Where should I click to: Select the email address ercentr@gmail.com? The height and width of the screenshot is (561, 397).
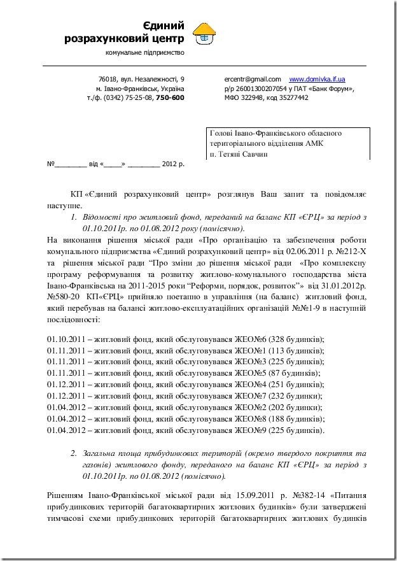click(248, 78)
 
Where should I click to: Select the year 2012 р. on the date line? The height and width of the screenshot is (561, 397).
click(172, 164)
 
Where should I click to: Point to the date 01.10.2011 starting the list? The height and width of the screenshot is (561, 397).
click(66, 339)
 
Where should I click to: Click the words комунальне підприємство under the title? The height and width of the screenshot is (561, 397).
click(144, 52)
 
